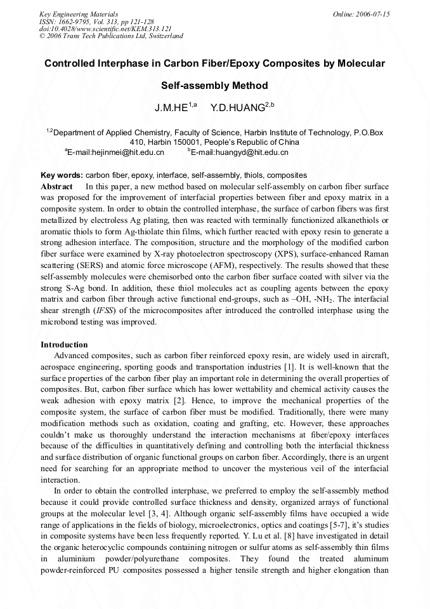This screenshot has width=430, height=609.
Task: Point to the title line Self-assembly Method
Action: click(214, 85)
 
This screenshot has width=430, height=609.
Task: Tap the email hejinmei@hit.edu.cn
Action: click(117, 152)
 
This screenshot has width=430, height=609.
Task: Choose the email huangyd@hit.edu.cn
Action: click(241, 152)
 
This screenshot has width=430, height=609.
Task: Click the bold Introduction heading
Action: click(64, 345)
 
